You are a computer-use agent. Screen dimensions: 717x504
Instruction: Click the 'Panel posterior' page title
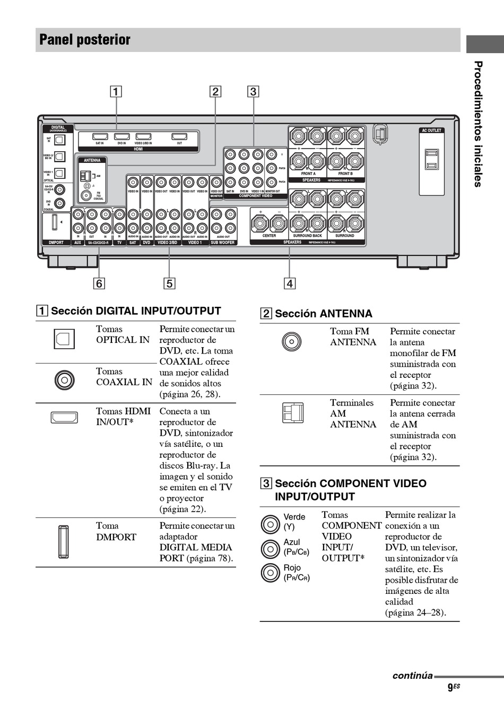(x=85, y=40)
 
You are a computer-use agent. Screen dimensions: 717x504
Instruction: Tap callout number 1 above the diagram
(x=116, y=91)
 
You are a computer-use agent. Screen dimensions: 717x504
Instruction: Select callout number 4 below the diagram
(x=289, y=283)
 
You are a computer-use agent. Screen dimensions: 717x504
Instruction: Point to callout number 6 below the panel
(x=99, y=283)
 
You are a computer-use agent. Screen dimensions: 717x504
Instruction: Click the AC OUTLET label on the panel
(x=431, y=131)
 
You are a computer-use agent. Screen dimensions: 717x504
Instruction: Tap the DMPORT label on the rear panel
(x=56, y=243)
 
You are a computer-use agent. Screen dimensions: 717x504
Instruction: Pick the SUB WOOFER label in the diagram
(x=223, y=243)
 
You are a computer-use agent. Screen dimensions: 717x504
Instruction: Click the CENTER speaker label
(x=269, y=236)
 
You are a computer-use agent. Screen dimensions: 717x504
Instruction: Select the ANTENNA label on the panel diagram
(x=92, y=160)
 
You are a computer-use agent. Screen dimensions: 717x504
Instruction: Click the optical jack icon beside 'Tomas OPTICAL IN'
(x=64, y=339)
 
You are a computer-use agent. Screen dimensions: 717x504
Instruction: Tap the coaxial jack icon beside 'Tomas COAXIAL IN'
(x=64, y=380)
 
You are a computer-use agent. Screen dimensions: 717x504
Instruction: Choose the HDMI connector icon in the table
(x=64, y=418)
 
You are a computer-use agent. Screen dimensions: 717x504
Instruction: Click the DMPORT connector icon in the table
(x=63, y=542)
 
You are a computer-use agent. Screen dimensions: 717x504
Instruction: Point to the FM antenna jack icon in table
(x=292, y=342)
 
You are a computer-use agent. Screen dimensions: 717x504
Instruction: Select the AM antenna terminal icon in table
(x=292, y=413)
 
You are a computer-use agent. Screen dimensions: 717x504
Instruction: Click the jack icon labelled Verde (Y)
(x=270, y=524)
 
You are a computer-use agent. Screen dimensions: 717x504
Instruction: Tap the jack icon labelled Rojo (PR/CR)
(x=270, y=573)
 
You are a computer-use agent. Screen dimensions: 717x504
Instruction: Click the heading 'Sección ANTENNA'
(x=323, y=314)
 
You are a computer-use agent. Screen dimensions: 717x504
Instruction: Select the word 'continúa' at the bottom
(x=412, y=676)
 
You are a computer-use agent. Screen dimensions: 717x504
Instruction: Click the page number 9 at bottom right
(x=450, y=688)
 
